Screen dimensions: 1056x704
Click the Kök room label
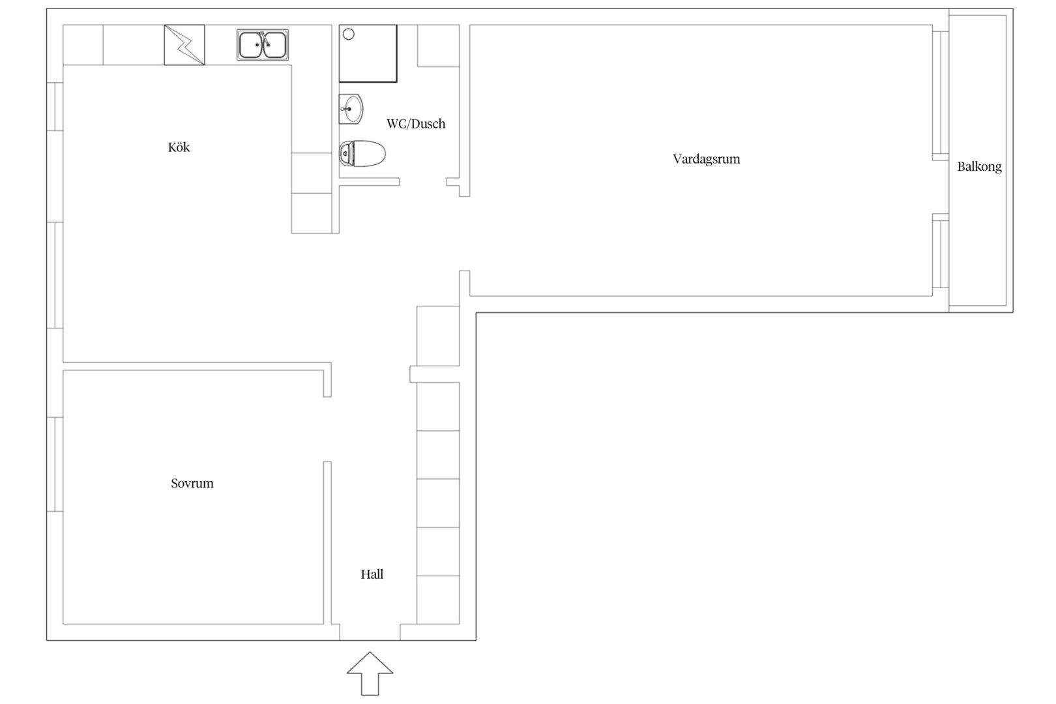179,147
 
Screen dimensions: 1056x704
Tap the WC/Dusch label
416,124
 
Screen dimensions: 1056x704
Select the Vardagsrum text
706,160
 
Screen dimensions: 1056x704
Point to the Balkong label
979,167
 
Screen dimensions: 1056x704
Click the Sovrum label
192,483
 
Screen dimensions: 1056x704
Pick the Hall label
372,574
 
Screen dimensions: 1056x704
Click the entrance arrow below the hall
370,673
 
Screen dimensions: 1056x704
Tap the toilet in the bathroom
362,153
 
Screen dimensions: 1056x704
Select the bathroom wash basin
351,109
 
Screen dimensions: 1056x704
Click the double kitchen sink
263,45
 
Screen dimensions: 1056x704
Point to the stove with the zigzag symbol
184,45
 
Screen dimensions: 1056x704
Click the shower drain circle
348,34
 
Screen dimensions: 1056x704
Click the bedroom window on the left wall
55,464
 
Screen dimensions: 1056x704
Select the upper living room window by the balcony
941,93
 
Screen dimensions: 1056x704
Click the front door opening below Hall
370,632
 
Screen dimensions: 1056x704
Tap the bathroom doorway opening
423,182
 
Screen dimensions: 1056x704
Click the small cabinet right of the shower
439,46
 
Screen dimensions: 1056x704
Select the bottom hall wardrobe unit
438,600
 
